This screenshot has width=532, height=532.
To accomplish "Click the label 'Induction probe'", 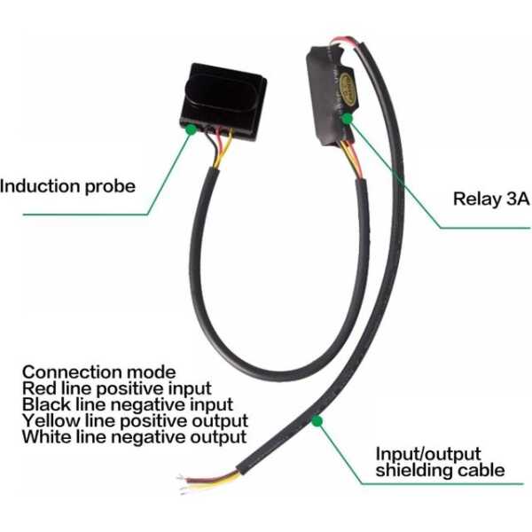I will (68, 186).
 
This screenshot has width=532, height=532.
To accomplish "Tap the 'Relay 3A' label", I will (490, 199).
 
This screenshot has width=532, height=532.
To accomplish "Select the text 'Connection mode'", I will (98, 372).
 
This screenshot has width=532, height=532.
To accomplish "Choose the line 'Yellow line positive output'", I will (135, 420).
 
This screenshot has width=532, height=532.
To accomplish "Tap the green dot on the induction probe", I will (190, 129).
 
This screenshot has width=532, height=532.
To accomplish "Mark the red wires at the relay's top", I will (340, 43).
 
